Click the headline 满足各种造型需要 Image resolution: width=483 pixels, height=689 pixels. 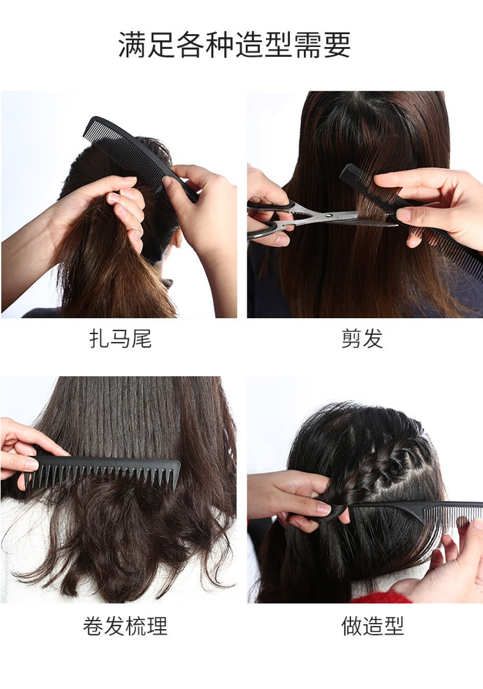click(234, 45)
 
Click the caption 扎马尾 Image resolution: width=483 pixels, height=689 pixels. click(120, 339)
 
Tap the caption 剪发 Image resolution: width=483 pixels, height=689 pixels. click(362, 339)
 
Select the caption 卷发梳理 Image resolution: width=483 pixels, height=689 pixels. click(125, 626)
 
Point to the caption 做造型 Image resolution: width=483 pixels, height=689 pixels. click(372, 626)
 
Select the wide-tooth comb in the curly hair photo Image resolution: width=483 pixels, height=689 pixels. click(103, 471)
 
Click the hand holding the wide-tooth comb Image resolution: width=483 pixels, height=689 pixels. click(26, 453)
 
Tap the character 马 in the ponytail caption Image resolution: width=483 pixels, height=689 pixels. click(120, 339)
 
